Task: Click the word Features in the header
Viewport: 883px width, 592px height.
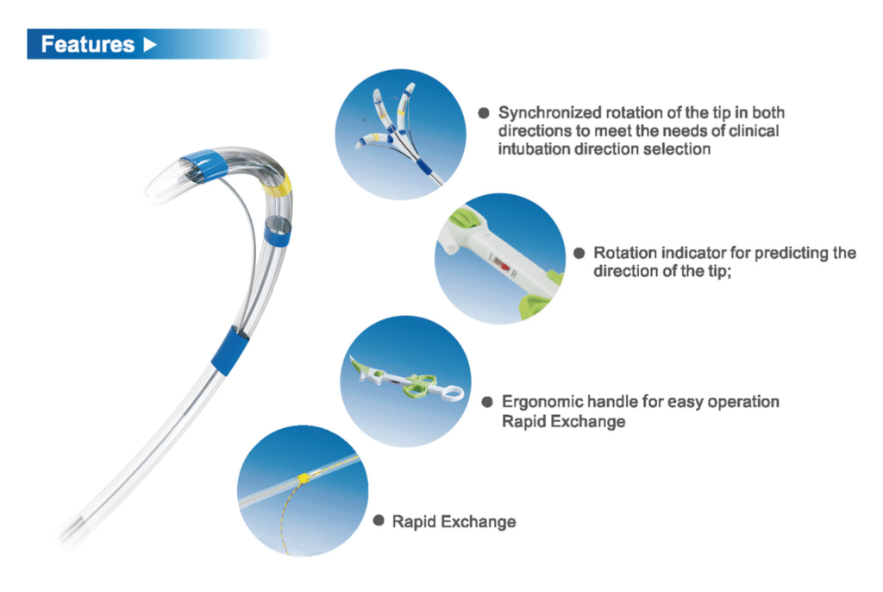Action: coord(88,45)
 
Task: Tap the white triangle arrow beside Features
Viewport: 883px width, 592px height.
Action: coord(150,45)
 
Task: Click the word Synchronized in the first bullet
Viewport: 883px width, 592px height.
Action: coord(549,113)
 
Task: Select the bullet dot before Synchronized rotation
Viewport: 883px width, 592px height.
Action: coord(483,113)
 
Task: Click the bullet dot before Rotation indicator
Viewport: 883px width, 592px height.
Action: coord(579,253)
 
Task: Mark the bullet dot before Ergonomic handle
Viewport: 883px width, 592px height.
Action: coord(487,402)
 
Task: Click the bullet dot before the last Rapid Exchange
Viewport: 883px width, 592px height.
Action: coord(379,520)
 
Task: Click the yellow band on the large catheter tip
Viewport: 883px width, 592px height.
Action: coord(279,186)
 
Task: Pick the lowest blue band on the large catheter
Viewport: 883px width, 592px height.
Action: coord(229,350)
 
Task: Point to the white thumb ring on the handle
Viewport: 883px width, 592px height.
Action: coord(449,393)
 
